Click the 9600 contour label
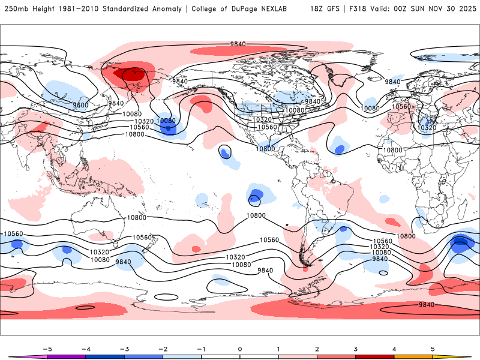click(x=80, y=105)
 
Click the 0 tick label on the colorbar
click(x=239, y=348)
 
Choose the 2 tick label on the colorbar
click(x=317, y=348)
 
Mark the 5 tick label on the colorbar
click(x=433, y=348)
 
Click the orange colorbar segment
click(x=413, y=356)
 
